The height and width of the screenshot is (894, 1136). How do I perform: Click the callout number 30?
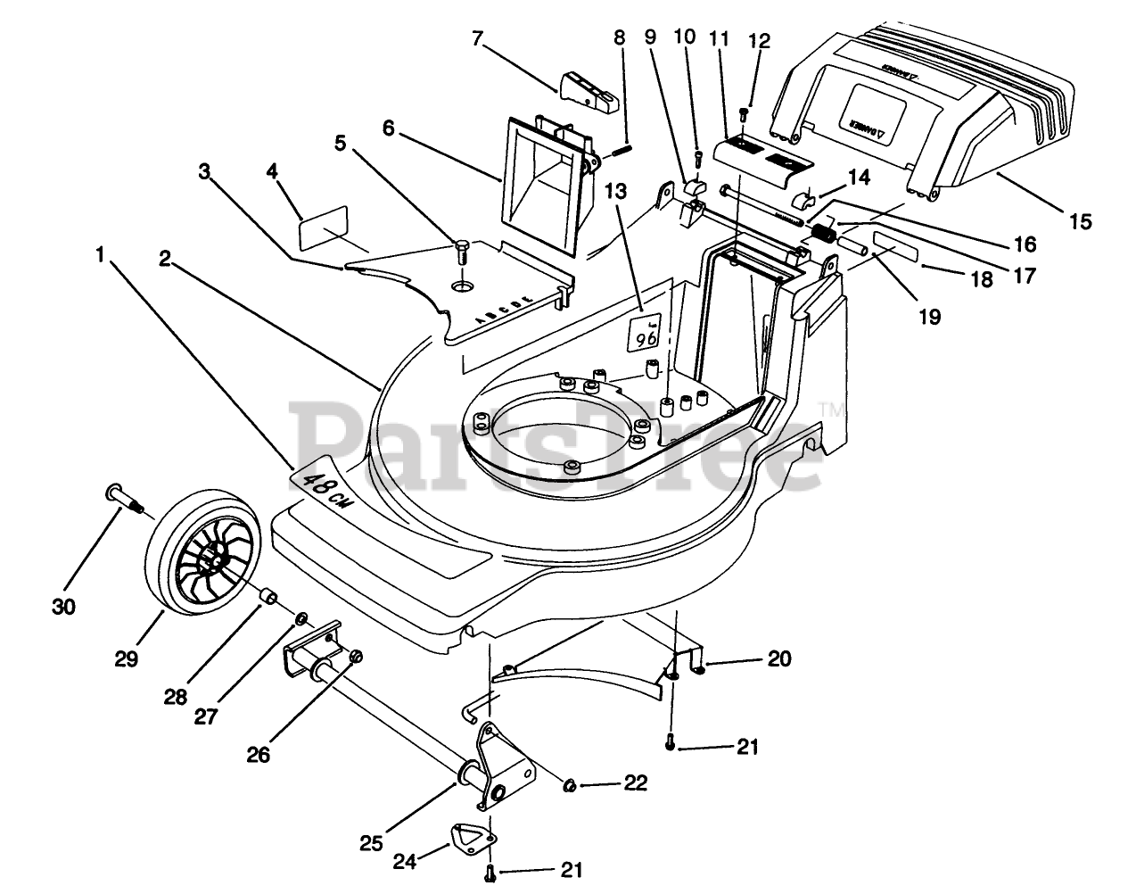(x=63, y=607)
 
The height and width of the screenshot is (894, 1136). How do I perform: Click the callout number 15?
(x=1080, y=221)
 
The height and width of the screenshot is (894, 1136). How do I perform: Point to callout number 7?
(x=477, y=38)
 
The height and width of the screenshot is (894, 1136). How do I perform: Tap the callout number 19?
(x=929, y=316)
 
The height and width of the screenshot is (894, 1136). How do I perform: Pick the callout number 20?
(x=778, y=659)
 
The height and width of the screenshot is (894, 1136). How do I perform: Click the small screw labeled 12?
(x=745, y=113)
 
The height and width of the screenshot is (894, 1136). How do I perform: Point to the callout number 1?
(x=101, y=254)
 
